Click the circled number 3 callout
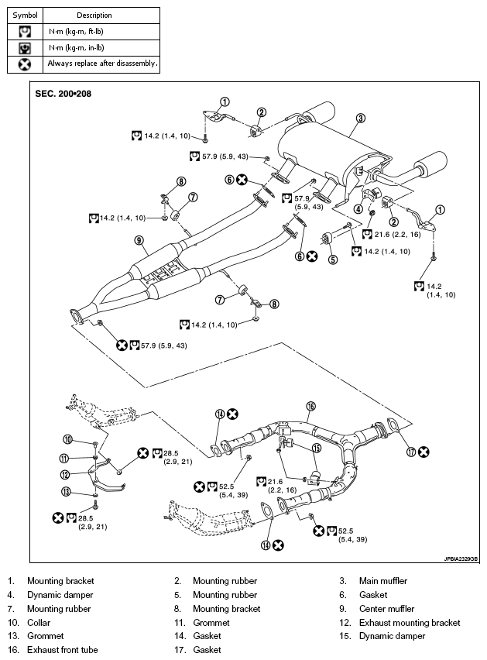coord(361,119)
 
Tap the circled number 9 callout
coord(139,240)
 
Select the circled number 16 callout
coord(310,406)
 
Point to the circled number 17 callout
coord(411,452)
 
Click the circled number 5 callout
coord(333,260)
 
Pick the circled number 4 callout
coord(358,209)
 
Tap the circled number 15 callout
coord(316,448)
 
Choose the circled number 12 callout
coord(65,475)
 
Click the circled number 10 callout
coord(67,440)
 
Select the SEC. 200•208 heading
coord(63,94)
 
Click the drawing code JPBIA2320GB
coord(461,559)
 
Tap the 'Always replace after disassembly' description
coord(103,64)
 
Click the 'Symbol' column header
coord(26,15)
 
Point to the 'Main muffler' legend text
coord(383,581)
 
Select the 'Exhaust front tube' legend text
coord(62,650)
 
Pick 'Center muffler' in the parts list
coord(386,609)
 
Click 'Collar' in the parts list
coord(39,623)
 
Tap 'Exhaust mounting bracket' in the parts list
coord(410,623)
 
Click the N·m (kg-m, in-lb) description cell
coord(76,48)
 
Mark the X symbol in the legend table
coord(25,64)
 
